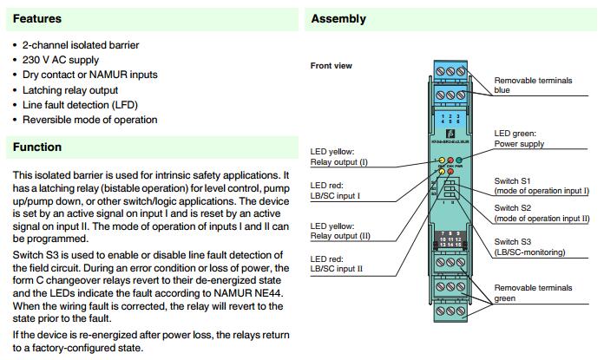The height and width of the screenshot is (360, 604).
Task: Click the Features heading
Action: point(37,18)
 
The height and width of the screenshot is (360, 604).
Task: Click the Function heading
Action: point(37,147)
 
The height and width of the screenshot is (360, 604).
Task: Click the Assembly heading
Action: point(338,18)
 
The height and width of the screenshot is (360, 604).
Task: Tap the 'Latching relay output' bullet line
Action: point(75,89)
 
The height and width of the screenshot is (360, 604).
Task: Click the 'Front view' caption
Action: point(332,66)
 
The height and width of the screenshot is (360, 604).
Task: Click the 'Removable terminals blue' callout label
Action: point(532,85)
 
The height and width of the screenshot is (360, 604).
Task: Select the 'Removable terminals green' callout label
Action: point(532,292)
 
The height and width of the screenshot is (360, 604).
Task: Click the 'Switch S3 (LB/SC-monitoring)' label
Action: point(529,246)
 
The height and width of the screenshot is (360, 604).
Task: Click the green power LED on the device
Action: point(460,161)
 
